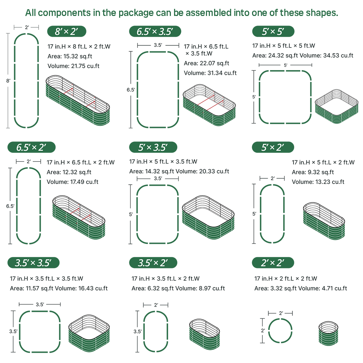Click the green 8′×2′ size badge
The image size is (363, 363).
[x=67, y=31]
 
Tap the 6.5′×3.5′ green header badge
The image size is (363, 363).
[x=155, y=31]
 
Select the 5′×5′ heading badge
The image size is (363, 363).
[x=273, y=31]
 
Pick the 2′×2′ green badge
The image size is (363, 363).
[x=273, y=263]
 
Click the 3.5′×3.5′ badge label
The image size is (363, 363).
[x=33, y=263]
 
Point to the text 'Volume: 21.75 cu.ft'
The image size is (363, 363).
[x=73, y=66]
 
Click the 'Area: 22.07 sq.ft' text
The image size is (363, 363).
[x=207, y=63]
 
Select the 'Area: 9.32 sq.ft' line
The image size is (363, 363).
[x=313, y=172]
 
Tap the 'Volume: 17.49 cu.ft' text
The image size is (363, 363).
[x=72, y=182]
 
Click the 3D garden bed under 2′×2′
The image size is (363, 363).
[x=328, y=333]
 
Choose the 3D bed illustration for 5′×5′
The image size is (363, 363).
[x=337, y=106]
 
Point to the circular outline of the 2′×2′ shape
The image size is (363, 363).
[x=280, y=319]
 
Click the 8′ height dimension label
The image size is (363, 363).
[x=9, y=81]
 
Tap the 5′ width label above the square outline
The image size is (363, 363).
[x=285, y=65]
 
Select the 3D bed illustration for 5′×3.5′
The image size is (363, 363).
[x=208, y=217]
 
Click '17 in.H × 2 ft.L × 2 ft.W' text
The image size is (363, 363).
[x=286, y=279]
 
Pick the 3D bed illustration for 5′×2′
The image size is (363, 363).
[x=324, y=221]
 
